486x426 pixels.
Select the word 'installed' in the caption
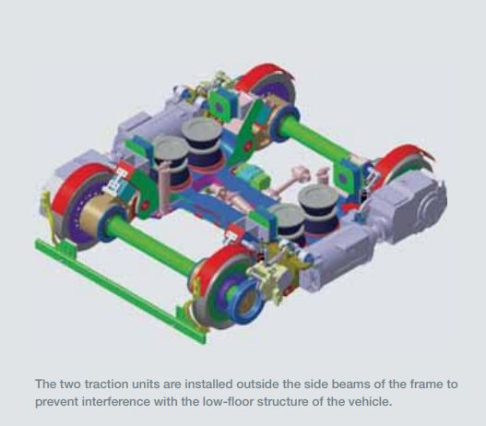(209, 385)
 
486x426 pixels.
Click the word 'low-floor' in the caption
(228, 402)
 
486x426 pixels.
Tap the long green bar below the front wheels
(121, 290)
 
